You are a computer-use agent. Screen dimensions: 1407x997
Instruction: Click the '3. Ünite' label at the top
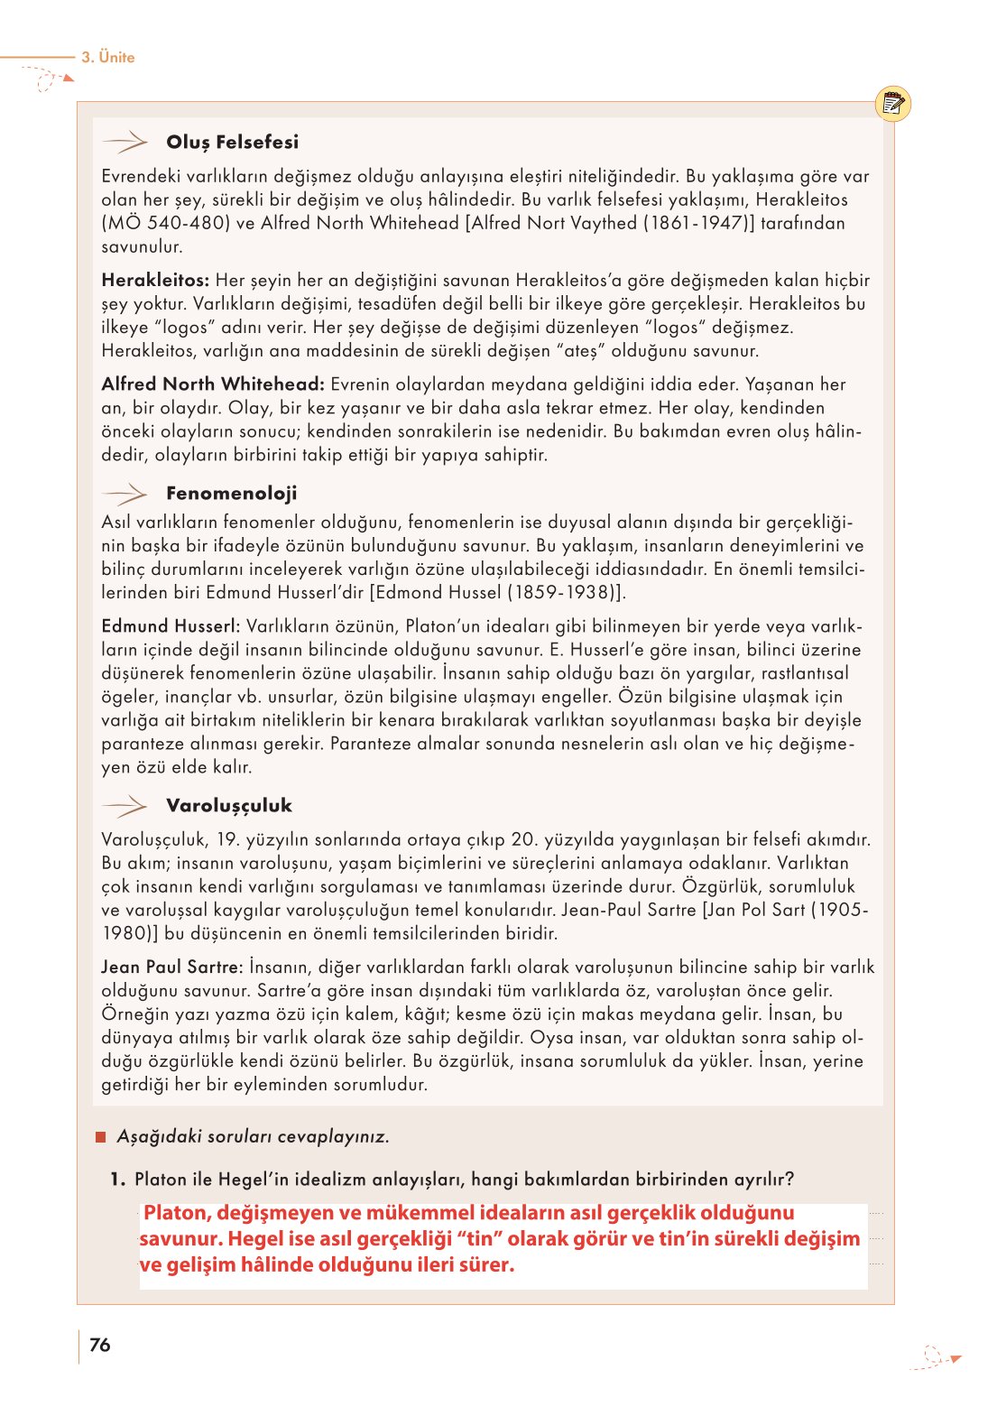point(107,57)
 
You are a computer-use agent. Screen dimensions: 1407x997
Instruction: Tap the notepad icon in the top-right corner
point(892,105)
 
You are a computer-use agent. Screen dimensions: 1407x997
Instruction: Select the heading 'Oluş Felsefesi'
point(232,142)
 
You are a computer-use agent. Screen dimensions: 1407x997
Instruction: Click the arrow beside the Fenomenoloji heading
point(125,494)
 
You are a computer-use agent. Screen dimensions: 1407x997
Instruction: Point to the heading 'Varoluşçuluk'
point(229,805)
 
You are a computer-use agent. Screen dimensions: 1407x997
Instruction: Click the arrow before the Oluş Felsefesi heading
point(125,142)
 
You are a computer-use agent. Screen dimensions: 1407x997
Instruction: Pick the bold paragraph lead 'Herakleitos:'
point(155,281)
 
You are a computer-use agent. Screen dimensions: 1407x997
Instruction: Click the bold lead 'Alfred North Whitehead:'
point(213,384)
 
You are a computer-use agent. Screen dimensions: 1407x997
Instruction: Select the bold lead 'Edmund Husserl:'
point(171,626)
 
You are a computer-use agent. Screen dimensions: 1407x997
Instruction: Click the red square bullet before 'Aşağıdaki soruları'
point(101,1136)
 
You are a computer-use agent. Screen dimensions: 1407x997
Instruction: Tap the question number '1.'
point(117,1180)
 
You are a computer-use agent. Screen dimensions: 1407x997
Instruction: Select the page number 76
point(100,1345)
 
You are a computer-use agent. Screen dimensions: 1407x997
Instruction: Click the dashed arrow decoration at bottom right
point(936,1357)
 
